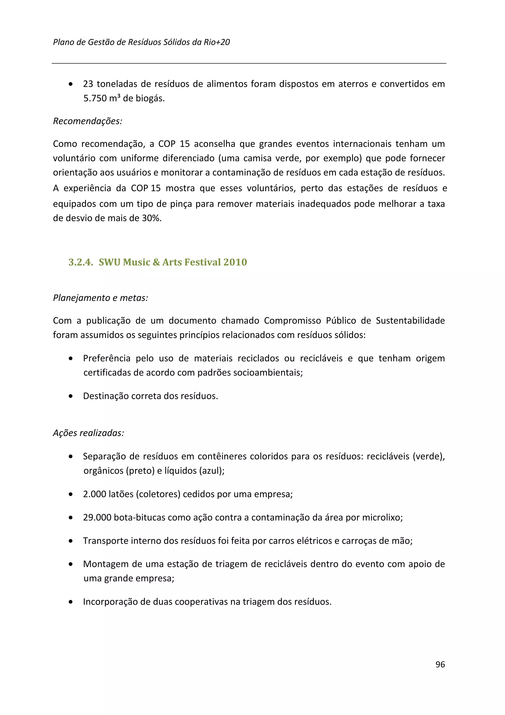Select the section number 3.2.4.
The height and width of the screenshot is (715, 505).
click(x=81, y=262)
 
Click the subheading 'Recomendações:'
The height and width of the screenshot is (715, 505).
click(x=88, y=121)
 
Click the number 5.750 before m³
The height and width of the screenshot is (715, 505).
click(x=95, y=98)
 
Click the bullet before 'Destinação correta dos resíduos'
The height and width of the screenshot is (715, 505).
click(x=71, y=396)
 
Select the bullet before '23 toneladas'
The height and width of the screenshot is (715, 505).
click(x=71, y=84)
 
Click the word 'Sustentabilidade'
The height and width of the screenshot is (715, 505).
click(x=410, y=321)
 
